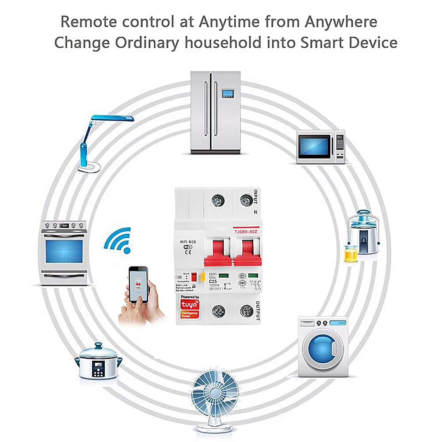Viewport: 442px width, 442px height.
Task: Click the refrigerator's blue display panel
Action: (x=229, y=93)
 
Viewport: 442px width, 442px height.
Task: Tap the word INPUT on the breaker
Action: (x=255, y=197)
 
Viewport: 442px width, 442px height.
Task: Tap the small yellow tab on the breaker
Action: (x=202, y=278)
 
